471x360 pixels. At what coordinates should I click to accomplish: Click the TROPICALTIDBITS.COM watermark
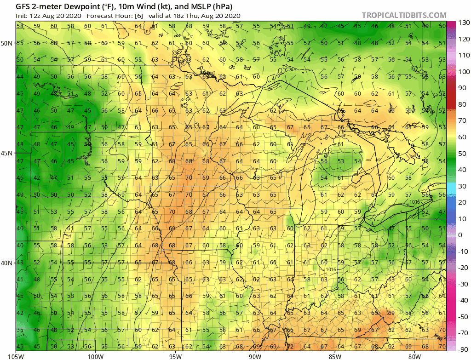click(x=404, y=15)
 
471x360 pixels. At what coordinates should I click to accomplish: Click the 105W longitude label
click(x=16, y=355)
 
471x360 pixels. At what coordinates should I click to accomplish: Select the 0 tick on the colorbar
click(x=460, y=235)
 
